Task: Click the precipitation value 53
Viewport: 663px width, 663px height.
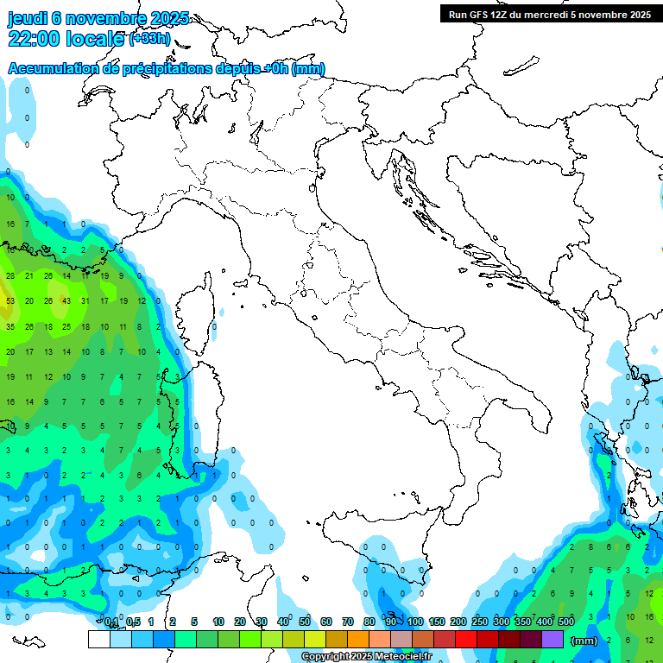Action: pos(10,301)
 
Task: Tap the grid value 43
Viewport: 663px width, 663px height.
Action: pos(66,301)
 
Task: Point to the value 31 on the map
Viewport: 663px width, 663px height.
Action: pos(85,301)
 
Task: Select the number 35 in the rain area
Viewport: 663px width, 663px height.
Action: pos(10,327)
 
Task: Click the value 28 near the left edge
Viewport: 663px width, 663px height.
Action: pos(10,276)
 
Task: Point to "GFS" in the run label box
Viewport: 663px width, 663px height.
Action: pos(483,15)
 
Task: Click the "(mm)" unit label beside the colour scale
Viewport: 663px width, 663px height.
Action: pos(584,641)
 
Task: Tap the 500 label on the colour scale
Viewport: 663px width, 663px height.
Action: pos(566,622)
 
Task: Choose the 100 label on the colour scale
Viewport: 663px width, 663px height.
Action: pos(415,622)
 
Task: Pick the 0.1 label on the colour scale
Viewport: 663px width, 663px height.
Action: pos(111,622)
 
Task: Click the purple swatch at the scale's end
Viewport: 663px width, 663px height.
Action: pos(552,639)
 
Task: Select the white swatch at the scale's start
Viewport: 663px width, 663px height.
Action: pos(98,639)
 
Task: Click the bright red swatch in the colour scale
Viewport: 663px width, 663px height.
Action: pos(466,639)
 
